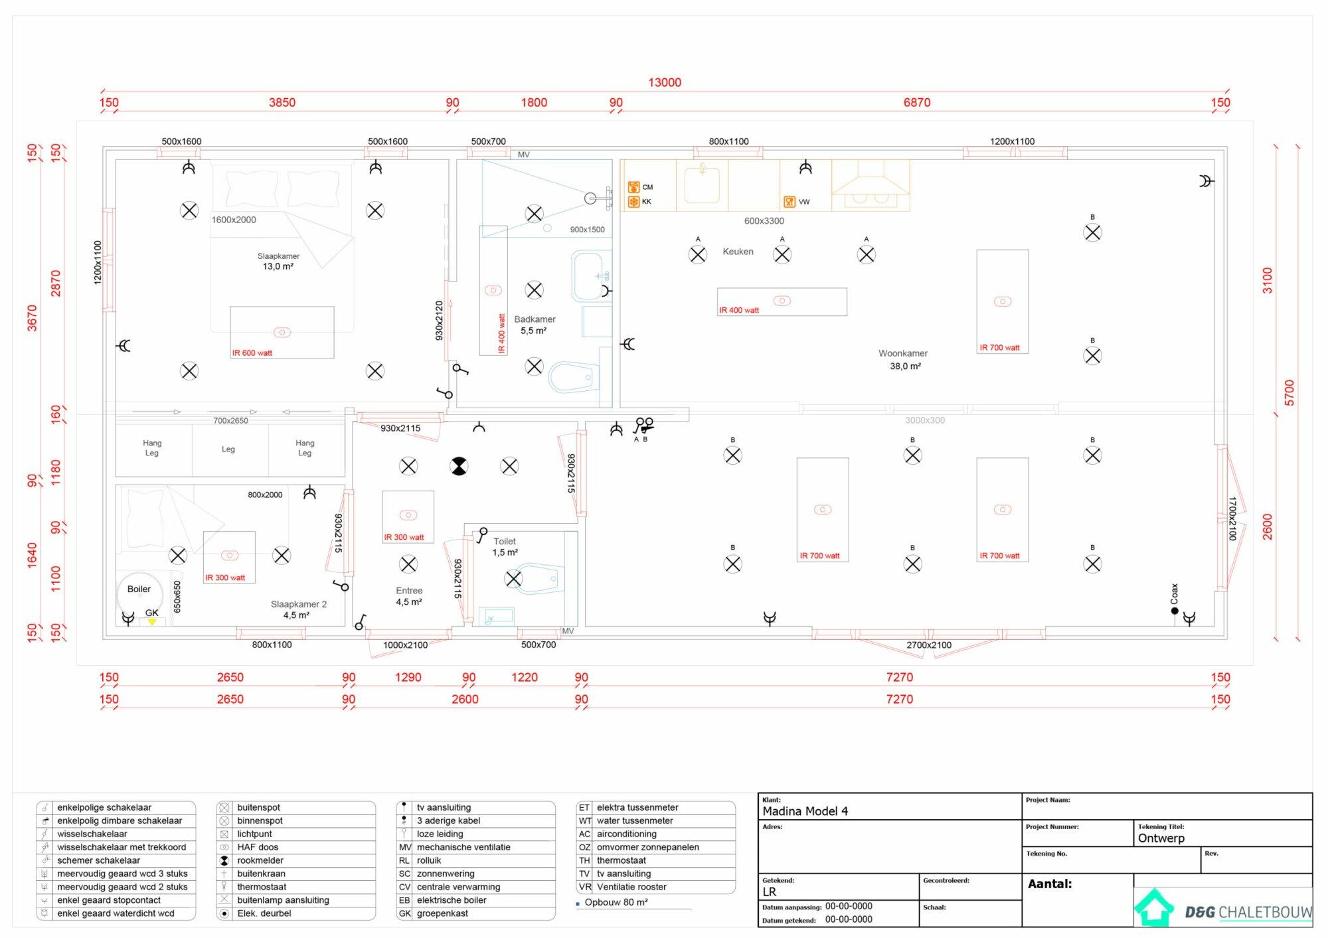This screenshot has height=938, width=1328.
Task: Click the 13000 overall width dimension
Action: (x=665, y=82)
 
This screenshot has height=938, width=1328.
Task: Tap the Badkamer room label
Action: (x=535, y=319)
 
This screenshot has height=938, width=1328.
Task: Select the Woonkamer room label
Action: (x=903, y=353)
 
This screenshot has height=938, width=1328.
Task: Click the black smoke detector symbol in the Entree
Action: (x=459, y=466)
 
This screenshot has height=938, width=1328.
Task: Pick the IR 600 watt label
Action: (x=252, y=352)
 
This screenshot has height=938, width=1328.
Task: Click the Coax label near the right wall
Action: (x=1174, y=593)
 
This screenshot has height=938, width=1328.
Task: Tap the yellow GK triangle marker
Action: (x=152, y=622)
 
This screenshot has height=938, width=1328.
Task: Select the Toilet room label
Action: (x=505, y=541)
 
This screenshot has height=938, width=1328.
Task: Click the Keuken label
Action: (x=738, y=252)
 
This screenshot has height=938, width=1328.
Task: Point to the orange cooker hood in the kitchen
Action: (x=871, y=185)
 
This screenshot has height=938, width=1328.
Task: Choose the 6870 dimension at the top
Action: (x=917, y=102)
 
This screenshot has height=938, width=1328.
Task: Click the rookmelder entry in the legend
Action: (x=260, y=860)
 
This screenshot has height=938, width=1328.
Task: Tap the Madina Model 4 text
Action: (x=805, y=811)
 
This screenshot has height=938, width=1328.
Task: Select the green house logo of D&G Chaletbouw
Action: (x=1154, y=907)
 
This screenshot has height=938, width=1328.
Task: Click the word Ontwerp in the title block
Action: (x=1161, y=838)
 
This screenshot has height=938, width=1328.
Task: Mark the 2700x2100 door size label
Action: (x=929, y=645)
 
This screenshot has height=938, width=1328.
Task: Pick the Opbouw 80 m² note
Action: (x=616, y=902)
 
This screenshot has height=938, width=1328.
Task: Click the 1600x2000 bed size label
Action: (x=234, y=220)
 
